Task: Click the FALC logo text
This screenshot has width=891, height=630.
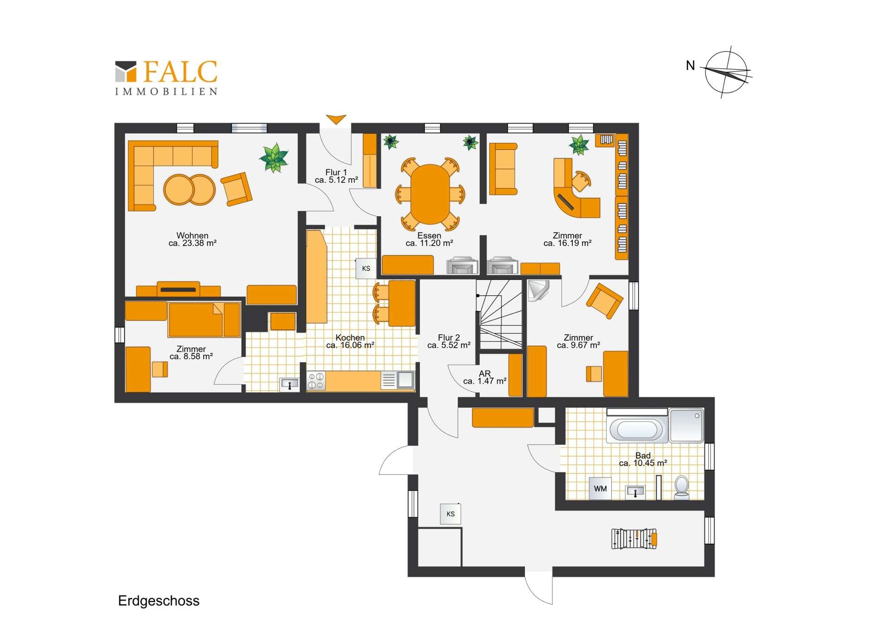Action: [180, 72]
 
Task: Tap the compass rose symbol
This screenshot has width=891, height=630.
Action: [726, 72]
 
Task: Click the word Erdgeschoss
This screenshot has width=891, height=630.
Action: [159, 601]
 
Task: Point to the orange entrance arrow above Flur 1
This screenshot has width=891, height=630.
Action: [336, 119]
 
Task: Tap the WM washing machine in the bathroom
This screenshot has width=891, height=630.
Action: [600, 488]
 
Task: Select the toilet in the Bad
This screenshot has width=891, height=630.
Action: [682, 487]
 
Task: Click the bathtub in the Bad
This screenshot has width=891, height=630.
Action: [637, 430]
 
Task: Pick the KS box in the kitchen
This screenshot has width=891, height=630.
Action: [366, 268]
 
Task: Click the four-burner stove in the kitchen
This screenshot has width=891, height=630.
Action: [316, 381]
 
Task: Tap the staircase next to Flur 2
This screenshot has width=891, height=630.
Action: [501, 314]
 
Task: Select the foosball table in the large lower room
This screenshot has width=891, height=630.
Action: [634, 539]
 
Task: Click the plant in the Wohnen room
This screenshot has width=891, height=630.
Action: [274, 157]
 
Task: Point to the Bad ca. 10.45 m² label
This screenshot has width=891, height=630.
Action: [643, 459]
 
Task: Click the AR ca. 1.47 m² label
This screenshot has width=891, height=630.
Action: [484, 377]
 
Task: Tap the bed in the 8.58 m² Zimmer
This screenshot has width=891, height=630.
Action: [204, 319]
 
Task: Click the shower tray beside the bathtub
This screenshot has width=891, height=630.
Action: [686, 425]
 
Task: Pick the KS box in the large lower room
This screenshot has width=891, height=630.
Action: [450, 514]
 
